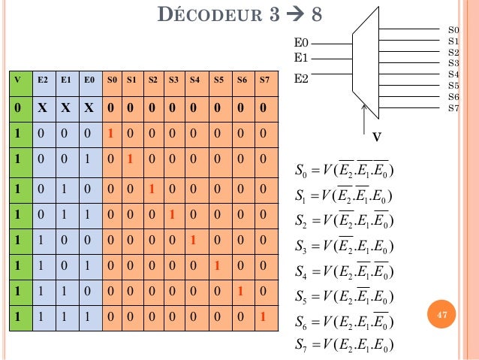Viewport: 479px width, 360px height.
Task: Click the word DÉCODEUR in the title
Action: pos(209,16)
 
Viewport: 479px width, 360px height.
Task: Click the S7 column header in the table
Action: pos(263,78)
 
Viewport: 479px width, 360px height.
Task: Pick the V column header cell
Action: pos(17,78)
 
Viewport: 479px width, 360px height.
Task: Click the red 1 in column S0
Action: pos(110,134)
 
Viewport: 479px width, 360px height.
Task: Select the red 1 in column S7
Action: pos(263,317)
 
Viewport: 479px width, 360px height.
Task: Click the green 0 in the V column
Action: pos(17,107)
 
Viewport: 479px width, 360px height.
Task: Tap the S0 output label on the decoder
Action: pos(453,29)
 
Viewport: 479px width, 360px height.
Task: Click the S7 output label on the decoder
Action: pos(453,108)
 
